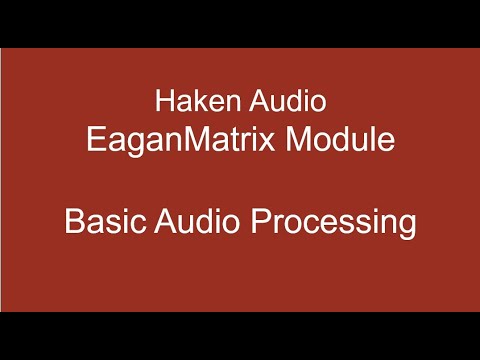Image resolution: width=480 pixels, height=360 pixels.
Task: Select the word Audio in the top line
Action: point(289,101)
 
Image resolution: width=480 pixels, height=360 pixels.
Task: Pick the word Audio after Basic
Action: point(197,221)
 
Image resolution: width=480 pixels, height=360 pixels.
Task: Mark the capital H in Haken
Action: point(165,101)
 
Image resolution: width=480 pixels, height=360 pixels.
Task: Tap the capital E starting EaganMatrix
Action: point(94,139)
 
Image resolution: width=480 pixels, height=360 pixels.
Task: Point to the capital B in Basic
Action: point(74,221)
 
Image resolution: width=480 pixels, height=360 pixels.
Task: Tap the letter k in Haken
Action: point(200,101)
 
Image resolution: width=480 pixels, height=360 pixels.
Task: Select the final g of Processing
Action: point(406,225)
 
